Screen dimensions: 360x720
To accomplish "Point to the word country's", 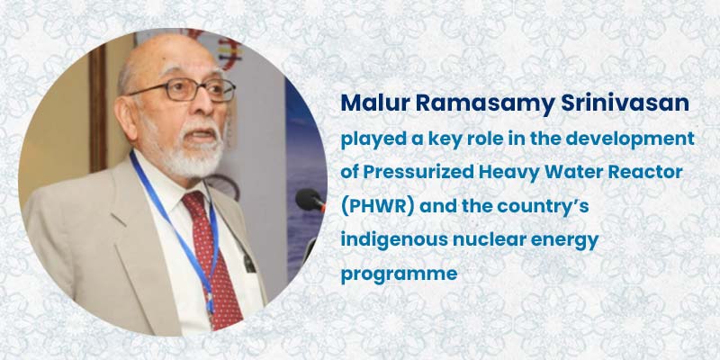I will point(570,206).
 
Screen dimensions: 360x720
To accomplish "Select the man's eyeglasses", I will point(187,89).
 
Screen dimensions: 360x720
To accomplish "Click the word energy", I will point(572,240).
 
